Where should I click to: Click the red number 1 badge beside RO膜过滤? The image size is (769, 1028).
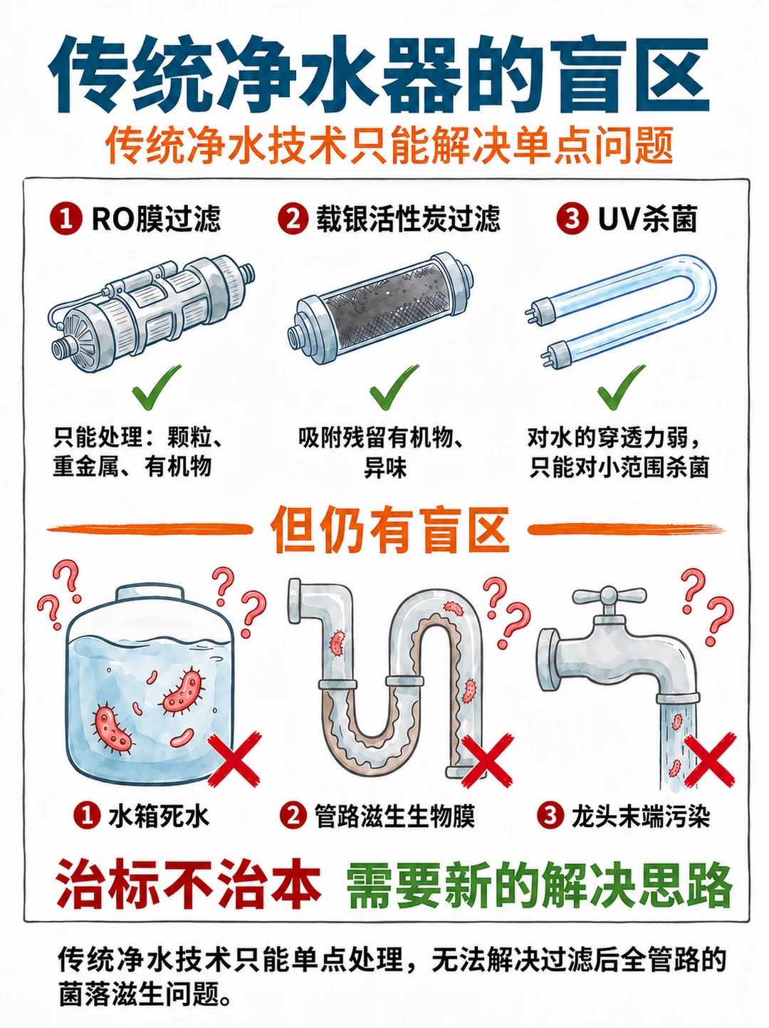tap(66, 218)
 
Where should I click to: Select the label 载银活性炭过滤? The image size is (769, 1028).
tap(408, 218)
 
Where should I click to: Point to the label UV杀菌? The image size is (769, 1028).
tap(648, 218)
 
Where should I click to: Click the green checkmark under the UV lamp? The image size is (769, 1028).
tap(621, 387)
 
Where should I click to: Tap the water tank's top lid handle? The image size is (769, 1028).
tap(150, 594)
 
